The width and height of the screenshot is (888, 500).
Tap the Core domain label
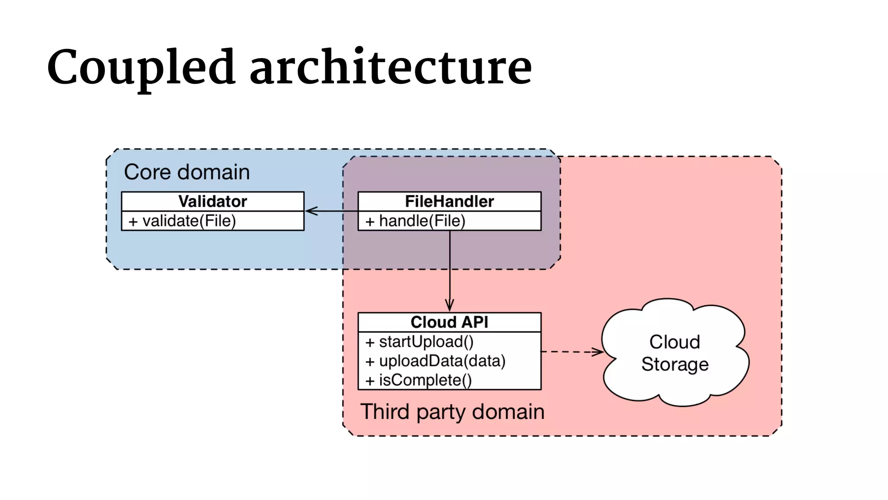(x=187, y=172)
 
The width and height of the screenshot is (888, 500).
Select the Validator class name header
(x=212, y=201)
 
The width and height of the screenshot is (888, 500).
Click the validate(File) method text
(x=189, y=221)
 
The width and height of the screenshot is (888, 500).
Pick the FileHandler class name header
(x=449, y=201)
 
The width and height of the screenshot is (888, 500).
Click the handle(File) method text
(x=422, y=221)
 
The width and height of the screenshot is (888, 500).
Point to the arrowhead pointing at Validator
(x=310, y=211)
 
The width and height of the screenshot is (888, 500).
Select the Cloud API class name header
(x=449, y=322)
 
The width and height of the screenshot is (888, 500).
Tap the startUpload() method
(x=426, y=342)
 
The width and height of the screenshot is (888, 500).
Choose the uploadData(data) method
(x=442, y=361)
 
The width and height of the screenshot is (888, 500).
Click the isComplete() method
(x=425, y=380)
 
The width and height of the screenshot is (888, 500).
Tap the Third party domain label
(x=452, y=411)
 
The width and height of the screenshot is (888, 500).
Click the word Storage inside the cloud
(x=675, y=364)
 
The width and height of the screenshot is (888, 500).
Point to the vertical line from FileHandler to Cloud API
(x=450, y=269)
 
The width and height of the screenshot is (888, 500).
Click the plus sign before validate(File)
(x=133, y=222)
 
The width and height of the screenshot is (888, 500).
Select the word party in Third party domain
(x=441, y=412)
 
